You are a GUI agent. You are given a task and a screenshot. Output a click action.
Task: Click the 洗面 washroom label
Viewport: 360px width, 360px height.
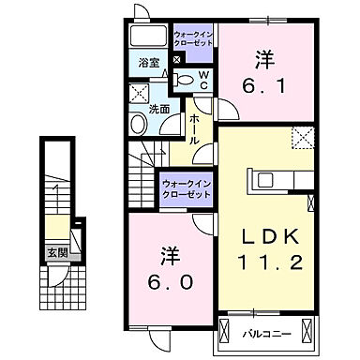[x=159, y=110]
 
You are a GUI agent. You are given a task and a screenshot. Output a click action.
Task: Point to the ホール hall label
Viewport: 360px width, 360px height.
[x=194, y=127]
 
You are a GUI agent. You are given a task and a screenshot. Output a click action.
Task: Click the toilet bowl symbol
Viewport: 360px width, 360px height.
[x=185, y=82]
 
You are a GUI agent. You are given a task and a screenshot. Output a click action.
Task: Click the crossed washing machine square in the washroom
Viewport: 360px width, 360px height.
[x=140, y=94]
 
